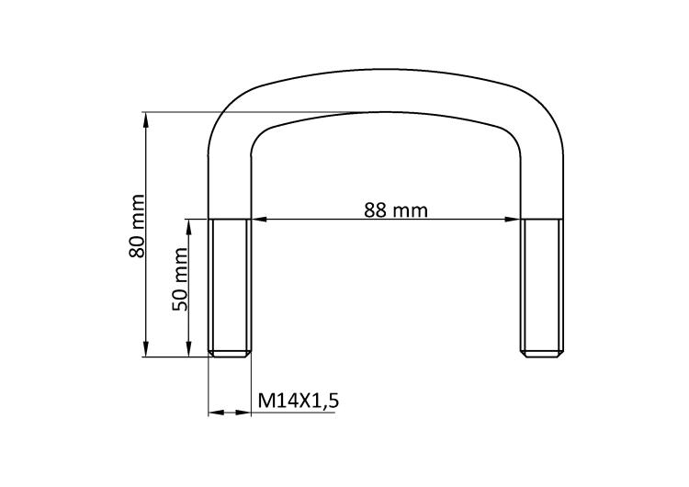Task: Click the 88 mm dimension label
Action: click(x=395, y=210)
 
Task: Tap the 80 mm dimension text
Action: click(x=137, y=226)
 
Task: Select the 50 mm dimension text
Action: click(x=180, y=279)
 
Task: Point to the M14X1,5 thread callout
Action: click(x=299, y=401)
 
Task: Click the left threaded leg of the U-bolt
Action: click(x=230, y=288)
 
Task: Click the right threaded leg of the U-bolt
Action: click(x=541, y=288)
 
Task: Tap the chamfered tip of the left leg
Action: click(x=230, y=354)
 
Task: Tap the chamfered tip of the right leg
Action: click(x=541, y=354)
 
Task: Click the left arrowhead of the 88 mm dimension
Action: click(x=259, y=219)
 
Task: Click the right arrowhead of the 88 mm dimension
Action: click(x=513, y=219)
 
